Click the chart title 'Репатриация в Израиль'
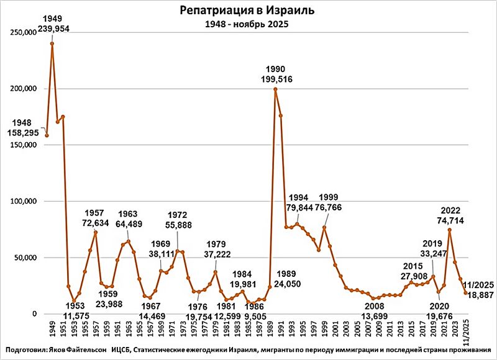(247, 11)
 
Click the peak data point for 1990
(275, 89)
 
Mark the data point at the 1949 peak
(52, 43)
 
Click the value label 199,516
(275, 79)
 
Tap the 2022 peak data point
(449, 230)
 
